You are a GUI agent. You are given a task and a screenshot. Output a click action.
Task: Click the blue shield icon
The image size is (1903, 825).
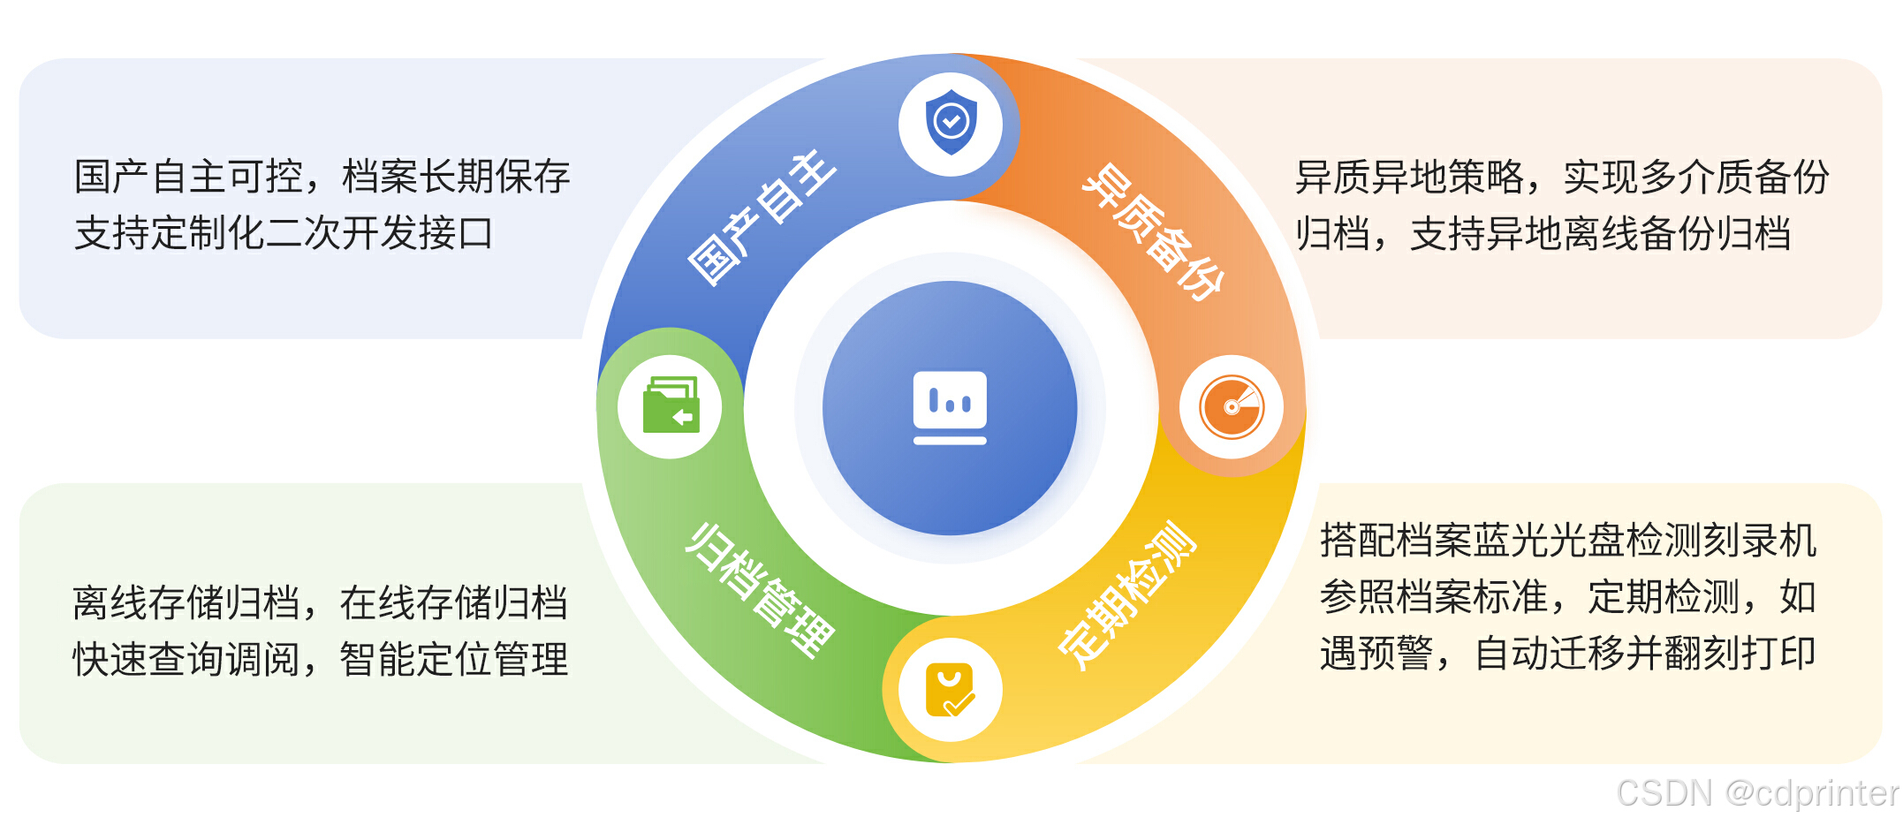click(x=951, y=123)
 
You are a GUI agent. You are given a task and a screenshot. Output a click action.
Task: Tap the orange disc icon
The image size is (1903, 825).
click(x=1232, y=407)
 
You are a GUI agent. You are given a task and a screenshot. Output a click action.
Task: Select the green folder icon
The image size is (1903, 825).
click(x=671, y=406)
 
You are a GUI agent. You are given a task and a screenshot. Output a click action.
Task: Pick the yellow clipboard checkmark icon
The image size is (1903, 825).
click(x=950, y=690)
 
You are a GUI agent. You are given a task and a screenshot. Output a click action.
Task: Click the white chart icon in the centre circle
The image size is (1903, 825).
click(x=950, y=407)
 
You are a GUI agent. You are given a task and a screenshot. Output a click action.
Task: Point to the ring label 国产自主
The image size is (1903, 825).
click(x=762, y=217)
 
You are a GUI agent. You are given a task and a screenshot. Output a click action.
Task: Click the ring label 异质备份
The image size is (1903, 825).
click(x=1153, y=231)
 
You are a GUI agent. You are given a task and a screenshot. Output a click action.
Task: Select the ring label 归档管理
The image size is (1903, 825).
click(x=760, y=590)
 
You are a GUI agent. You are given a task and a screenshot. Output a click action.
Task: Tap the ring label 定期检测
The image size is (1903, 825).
click(x=1127, y=594)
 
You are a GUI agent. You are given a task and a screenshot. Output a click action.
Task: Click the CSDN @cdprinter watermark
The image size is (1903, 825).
click(x=1756, y=793)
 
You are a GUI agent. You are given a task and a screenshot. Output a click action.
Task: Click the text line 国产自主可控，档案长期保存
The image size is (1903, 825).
click(x=322, y=177)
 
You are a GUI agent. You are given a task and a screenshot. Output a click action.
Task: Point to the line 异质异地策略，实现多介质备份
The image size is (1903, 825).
click(x=1561, y=177)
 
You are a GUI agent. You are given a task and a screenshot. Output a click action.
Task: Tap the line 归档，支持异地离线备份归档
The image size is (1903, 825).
click(x=1543, y=234)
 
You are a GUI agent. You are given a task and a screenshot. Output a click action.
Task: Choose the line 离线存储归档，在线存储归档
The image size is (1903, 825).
click(x=320, y=602)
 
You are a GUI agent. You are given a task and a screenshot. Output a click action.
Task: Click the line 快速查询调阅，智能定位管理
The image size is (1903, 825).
click(x=320, y=659)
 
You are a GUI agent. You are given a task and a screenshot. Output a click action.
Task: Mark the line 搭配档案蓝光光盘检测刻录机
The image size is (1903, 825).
click(x=1567, y=541)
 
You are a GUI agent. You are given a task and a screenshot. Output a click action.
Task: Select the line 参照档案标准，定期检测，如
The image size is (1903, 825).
click(x=1567, y=597)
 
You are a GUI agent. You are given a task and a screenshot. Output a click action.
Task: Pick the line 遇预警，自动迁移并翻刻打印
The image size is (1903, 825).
click(x=1567, y=654)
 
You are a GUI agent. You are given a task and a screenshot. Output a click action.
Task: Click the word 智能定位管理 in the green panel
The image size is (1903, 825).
click(x=454, y=659)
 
